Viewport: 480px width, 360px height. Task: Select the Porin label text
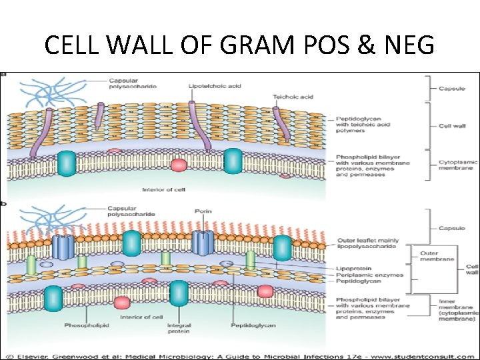[x=203, y=211]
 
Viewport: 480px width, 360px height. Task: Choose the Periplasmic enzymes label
[x=360, y=275]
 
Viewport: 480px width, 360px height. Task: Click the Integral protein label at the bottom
[x=179, y=329]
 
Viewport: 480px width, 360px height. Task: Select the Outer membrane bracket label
[x=437, y=256]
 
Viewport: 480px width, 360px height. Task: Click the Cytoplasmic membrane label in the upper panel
[x=459, y=166]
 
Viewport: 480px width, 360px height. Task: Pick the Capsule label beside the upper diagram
[x=452, y=89]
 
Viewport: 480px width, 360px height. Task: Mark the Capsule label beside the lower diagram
[x=451, y=228]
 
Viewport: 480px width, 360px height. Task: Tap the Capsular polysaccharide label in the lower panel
[x=131, y=211]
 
